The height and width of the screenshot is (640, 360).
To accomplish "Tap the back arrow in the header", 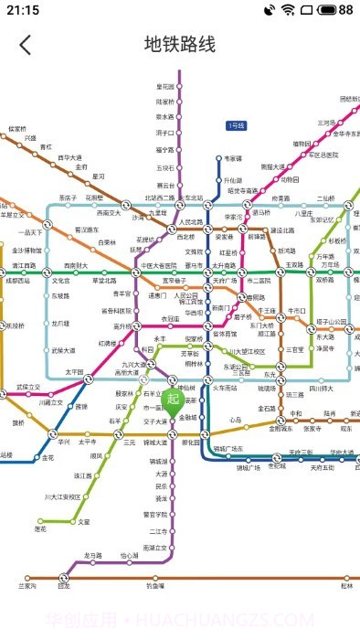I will click(25, 44).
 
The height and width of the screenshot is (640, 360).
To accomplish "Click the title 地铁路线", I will click(180, 44).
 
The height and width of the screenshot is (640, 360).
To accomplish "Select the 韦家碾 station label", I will click(234, 158).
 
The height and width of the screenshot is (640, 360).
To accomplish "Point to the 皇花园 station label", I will click(164, 86).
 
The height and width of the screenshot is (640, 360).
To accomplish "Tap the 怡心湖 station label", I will click(130, 556).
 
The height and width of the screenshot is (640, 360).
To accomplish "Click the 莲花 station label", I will click(40, 528).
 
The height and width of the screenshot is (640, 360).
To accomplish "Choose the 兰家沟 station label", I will click(27, 585).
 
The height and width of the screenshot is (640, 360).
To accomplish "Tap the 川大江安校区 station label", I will click(62, 497).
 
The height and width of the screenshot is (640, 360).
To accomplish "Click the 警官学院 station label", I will click(155, 515).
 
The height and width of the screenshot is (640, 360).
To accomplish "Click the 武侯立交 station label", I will click(29, 388).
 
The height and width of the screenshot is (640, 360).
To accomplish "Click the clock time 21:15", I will click(22, 10).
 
